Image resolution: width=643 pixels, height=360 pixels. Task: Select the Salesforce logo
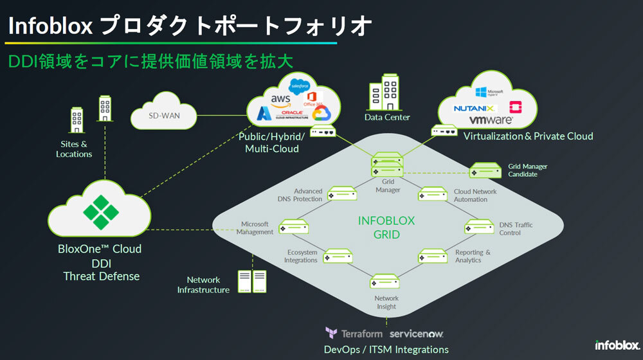pyautogui.click(x=300, y=85)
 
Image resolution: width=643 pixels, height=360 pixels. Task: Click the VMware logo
pyautogui.click(x=490, y=120)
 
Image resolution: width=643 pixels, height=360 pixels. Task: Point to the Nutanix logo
pyautogui.click(x=475, y=108)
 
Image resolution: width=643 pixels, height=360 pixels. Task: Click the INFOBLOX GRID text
pyautogui.click(x=386, y=228)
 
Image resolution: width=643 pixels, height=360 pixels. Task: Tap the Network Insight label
pyautogui.click(x=386, y=302)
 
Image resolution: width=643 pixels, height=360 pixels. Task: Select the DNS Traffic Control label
pyautogui.click(x=516, y=229)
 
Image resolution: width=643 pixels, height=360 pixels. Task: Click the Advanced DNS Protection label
pyautogui.click(x=300, y=195)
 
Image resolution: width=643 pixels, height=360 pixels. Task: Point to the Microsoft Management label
pyautogui.click(x=255, y=228)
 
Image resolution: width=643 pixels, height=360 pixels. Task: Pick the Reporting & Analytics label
pyautogui.click(x=473, y=256)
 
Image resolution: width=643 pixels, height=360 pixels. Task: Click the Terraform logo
pyautogui.click(x=354, y=334)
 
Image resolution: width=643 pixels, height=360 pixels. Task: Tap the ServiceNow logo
pyautogui.click(x=417, y=334)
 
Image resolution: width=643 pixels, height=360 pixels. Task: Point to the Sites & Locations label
pyautogui.click(x=74, y=149)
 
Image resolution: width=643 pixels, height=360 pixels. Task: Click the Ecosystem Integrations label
pyautogui.click(x=301, y=256)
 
